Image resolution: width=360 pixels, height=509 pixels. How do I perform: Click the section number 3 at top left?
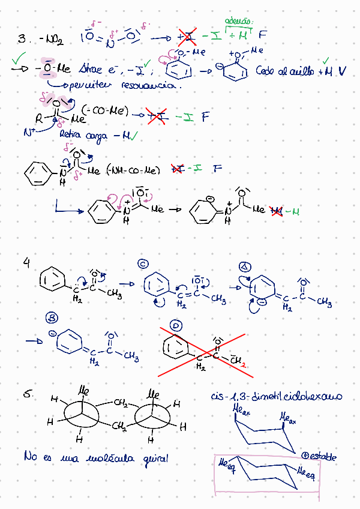[22, 39]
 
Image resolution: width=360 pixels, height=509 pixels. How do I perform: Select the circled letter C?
[143, 263]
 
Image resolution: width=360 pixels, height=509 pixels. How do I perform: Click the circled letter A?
[244, 267]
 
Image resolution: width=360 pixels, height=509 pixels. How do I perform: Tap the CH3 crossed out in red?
[236, 360]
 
